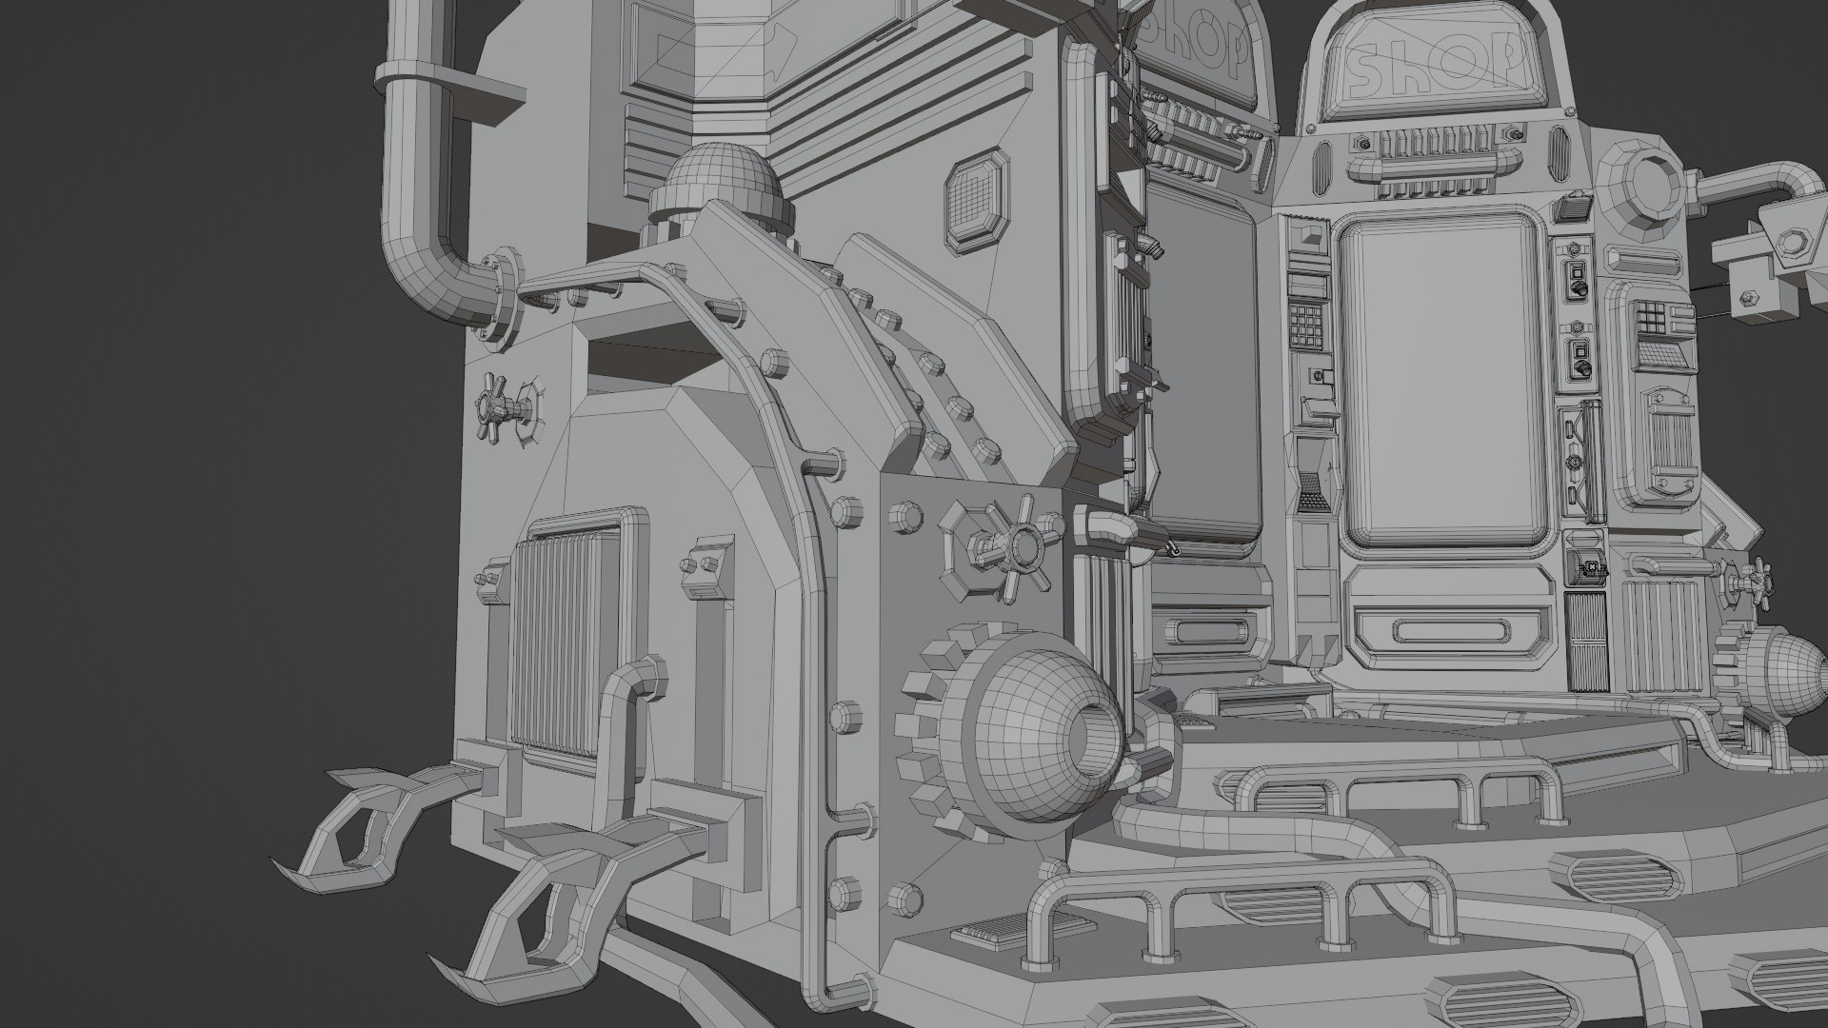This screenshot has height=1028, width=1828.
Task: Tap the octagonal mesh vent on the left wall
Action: click(x=976, y=201)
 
